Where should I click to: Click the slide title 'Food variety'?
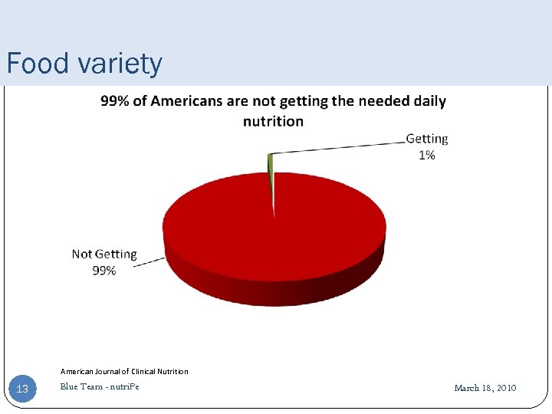84,63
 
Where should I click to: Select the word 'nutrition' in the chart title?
273,121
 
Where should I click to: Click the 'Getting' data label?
426,139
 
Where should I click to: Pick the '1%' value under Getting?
426,155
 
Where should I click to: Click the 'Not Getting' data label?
104,254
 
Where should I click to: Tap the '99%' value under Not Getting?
104,271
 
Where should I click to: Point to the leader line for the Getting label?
337,147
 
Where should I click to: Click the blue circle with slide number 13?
22,389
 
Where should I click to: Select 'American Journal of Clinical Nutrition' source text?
124,371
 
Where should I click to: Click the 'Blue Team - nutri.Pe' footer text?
100,386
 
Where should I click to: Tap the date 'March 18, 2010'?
485,388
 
